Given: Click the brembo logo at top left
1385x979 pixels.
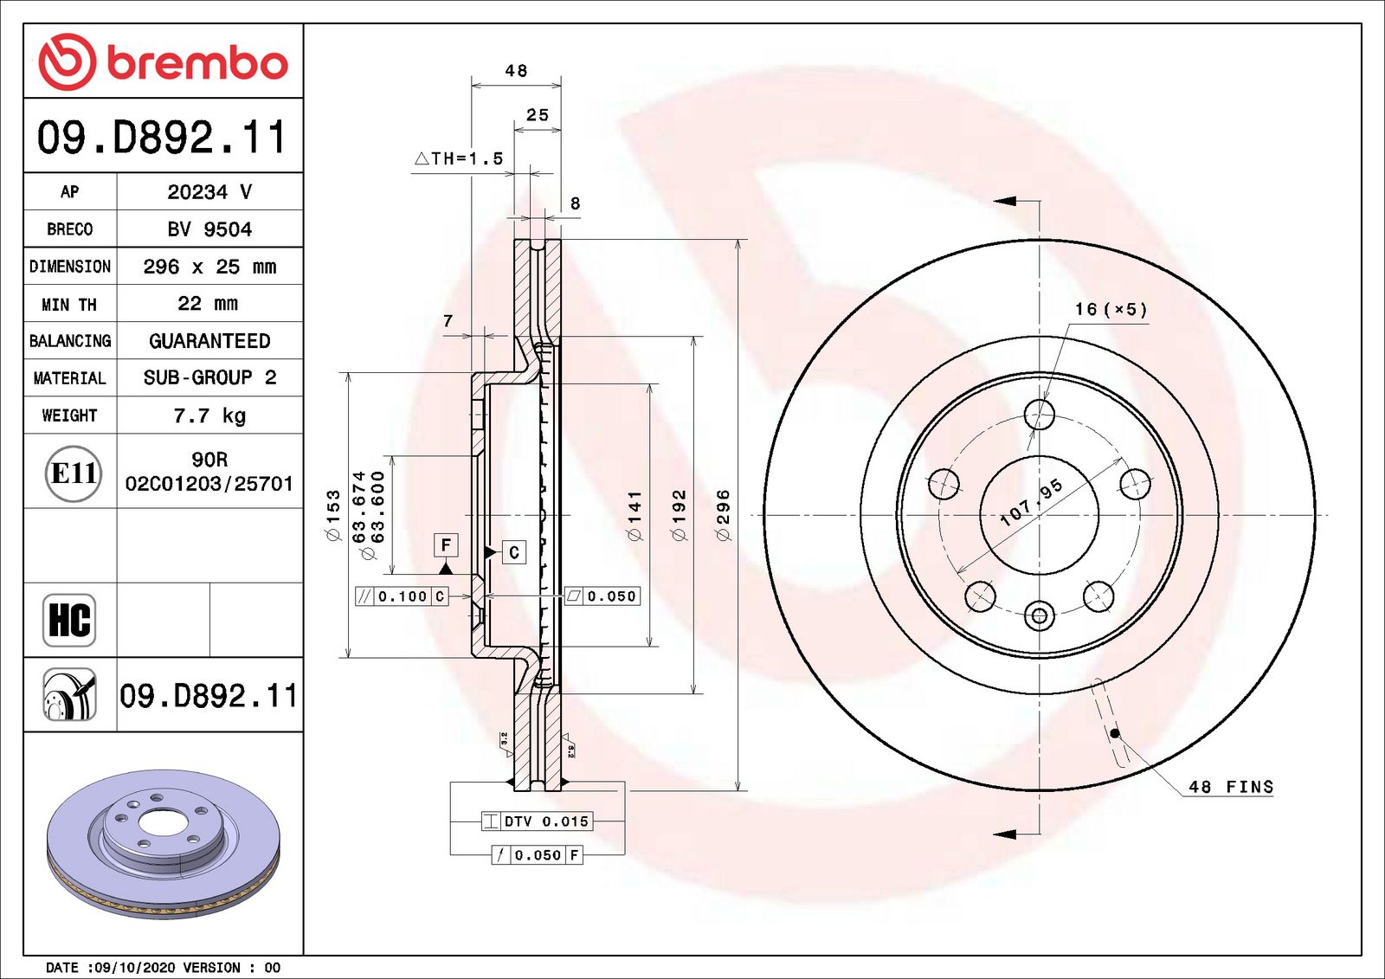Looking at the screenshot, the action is tap(164, 61).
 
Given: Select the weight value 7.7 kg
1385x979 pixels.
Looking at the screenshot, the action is tap(209, 415).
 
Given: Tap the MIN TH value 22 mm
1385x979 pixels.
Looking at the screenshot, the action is tap(208, 304).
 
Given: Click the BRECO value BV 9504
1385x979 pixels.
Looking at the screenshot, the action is tap(209, 229).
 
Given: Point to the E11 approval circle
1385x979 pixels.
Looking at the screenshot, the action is tap(74, 473).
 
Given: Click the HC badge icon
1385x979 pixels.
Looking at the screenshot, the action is tap(69, 620).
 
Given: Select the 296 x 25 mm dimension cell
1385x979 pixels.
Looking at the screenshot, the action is tap(209, 267).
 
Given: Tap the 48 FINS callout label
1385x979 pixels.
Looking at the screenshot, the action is tap(1230, 787).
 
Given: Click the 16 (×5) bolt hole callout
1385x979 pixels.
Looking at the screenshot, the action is tap(1111, 309).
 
